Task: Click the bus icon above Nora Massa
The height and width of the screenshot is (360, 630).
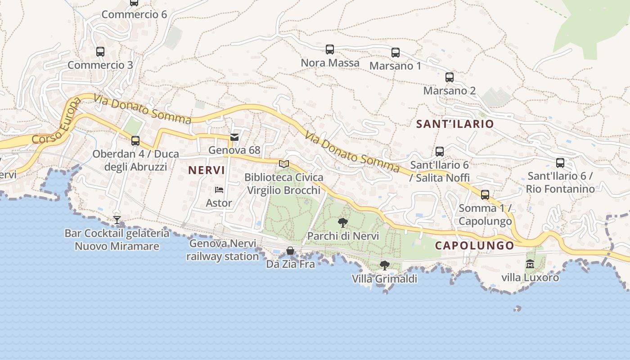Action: tap(330, 49)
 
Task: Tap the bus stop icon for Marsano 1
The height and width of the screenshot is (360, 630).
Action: tap(396, 53)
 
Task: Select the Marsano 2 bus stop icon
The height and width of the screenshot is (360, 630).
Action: tap(450, 77)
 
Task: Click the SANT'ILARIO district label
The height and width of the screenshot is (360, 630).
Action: tap(455, 124)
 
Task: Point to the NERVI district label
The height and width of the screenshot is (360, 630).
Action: tap(207, 171)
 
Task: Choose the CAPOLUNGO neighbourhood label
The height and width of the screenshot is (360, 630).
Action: tap(474, 245)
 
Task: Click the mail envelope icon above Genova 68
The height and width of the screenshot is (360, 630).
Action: tap(234, 137)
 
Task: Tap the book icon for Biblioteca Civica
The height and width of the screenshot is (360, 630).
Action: tap(283, 164)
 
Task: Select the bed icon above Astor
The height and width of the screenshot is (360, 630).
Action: tap(219, 190)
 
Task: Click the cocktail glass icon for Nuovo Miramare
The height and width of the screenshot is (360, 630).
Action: tap(117, 220)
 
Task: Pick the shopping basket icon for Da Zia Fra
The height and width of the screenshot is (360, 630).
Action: tap(290, 251)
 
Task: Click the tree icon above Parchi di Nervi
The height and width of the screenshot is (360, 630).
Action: tap(343, 222)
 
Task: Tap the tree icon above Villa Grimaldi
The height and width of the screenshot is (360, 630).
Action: tap(384, 265)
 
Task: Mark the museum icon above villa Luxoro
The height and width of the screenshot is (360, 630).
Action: tap(530, 264)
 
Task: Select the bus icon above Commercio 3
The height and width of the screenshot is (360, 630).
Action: tap(100, 52)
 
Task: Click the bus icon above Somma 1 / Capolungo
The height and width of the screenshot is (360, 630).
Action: tap(485, 195)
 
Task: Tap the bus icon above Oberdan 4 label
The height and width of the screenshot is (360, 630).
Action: tap(135, 141)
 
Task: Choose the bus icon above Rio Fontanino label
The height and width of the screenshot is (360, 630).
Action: tap(560, 163)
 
